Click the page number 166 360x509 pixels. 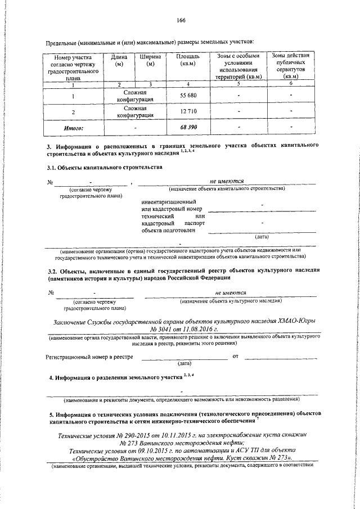pyautogui.click(x=180, y=21)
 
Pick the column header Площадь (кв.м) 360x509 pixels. pyautogui.click(x=187, y=60)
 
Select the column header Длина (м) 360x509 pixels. pyautogui.click(x=119, y=60)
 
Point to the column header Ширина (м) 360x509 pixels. pyautogui.click(x=150, y=60)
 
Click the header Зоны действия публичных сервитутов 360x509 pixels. pyautogui.click(x=290, y=66)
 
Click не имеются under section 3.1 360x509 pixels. pyautogui.click(x=226, y=182)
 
